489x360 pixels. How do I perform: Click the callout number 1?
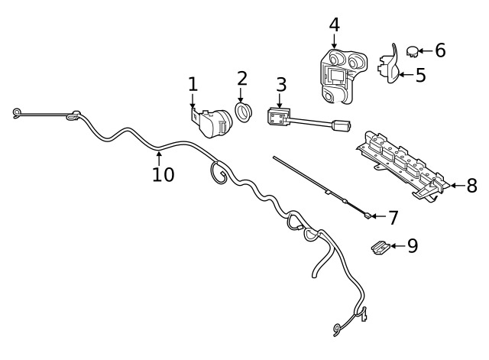193,85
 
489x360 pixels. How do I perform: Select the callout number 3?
281,85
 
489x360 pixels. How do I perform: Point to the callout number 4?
335,24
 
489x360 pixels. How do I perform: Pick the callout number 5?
421,75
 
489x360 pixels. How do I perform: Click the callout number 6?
440,50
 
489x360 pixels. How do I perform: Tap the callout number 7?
393,218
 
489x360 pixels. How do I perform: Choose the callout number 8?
472,186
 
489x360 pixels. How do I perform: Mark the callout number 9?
413,246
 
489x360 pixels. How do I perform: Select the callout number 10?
163,174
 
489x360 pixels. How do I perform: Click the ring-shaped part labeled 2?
243,112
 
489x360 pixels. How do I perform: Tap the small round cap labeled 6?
413,51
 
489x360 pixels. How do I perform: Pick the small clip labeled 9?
381,248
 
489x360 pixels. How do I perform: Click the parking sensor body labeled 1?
212,122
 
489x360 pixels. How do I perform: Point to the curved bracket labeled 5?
390,65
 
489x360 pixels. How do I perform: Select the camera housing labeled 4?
343,76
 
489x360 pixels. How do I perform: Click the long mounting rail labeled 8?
403,166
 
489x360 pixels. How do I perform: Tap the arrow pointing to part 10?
159,158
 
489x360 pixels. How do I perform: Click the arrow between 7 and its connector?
379,216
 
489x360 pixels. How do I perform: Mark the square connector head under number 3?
279,117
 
